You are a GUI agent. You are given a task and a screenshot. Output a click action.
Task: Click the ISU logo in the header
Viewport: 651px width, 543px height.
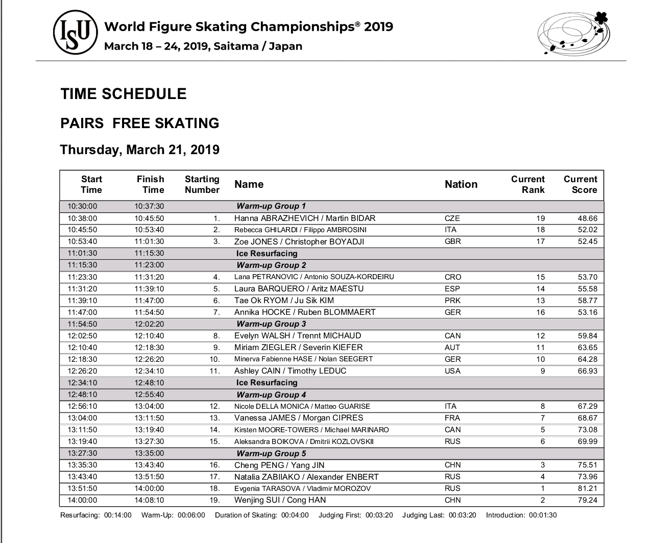coord(76,32)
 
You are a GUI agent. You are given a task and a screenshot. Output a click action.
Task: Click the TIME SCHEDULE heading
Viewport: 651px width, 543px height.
coord(124,94)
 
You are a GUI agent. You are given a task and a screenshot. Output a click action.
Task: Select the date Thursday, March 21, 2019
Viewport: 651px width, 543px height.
coord(140,150)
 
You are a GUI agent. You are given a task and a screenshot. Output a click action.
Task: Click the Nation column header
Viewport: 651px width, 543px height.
coord(461,184)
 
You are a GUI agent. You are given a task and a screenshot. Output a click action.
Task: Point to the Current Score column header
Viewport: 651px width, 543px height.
coord(580,184)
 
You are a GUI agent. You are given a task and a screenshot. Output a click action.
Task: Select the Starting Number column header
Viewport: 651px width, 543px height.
coord(202,184)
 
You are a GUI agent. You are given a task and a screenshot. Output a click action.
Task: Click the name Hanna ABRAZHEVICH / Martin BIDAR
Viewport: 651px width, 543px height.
coord(305,218)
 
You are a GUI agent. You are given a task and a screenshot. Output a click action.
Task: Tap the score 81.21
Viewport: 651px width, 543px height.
coord(587,488)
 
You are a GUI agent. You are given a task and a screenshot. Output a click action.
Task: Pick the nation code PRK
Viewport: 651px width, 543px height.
coord(453,301)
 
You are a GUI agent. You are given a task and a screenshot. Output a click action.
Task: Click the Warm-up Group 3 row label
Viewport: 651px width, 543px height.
coord(271,324)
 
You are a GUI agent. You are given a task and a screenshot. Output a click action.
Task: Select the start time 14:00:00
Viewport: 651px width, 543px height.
coord(82,500)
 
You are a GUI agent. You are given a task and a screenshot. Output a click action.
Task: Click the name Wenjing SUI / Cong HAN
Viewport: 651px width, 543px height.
coord(280,500)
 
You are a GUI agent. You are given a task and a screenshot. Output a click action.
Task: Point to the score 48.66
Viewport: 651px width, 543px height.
coord(587,218)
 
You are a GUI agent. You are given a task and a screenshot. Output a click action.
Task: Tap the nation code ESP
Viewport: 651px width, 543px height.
coord(452,289)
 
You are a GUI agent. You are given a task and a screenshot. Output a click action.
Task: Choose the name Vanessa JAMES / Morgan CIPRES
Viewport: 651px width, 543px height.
coord(299,418)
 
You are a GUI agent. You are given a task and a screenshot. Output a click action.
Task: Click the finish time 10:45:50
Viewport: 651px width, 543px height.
coord(149,218)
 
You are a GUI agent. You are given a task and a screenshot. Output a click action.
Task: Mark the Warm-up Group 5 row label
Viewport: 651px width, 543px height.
coord(271,454)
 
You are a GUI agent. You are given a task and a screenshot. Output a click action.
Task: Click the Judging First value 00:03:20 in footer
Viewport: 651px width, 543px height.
coord(380,515)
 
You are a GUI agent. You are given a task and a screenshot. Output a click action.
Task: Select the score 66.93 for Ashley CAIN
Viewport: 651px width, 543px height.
coord(587,371)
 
